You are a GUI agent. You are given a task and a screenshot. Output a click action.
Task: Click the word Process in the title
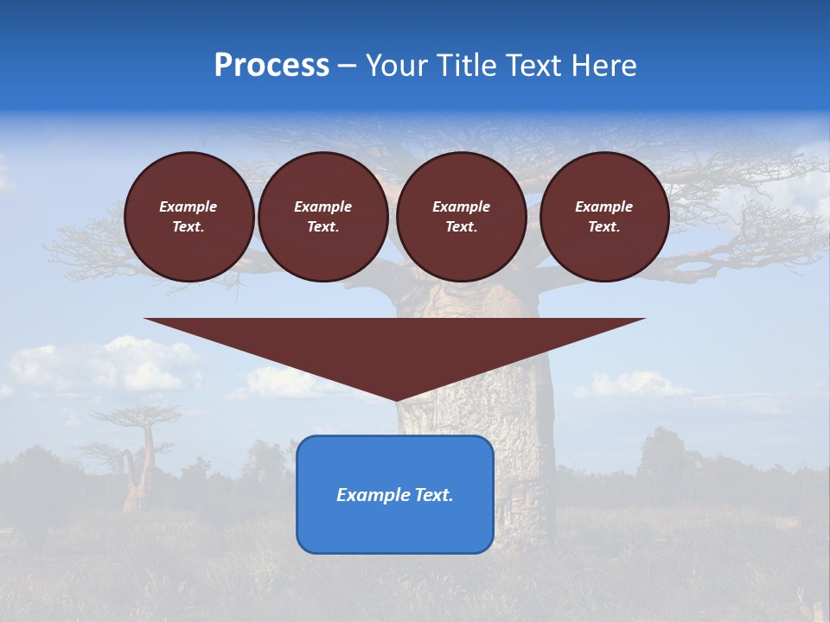(x=271, y=66)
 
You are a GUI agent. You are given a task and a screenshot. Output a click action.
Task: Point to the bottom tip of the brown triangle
(x=396, y=398)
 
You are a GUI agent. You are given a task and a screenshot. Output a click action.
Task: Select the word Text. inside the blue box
(x=435, y=495)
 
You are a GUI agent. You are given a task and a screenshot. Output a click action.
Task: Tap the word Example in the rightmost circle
(x=603, y=206)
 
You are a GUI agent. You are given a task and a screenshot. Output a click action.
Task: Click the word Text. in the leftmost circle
(x=188, y=227)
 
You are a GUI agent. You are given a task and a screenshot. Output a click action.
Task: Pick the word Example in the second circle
(x=322, y=206)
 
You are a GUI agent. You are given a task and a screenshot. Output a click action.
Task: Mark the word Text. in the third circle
(x=461, y=227)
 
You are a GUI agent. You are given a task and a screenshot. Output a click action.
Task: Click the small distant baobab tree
(x=138, y=458)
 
